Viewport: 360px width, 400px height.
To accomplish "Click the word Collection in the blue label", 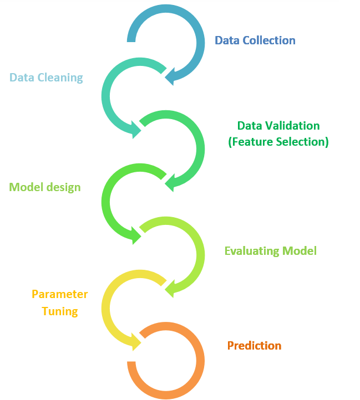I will (268, 40).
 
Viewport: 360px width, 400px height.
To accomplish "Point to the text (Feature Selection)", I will (278, 142).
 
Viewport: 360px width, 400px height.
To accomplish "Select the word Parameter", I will (59, 294).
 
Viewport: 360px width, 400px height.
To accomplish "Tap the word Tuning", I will (59, 311).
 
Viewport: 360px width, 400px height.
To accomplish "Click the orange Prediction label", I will (254, 346).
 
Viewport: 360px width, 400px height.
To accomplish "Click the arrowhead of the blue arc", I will (171, 77).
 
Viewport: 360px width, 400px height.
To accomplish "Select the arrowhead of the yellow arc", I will (135, 341).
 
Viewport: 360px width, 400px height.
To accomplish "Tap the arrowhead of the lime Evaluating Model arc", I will (171, 288).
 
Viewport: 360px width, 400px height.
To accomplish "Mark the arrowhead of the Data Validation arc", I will (171, 182).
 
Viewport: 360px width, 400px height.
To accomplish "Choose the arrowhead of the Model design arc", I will (135, 235).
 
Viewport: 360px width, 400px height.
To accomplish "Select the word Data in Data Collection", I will (226, 40).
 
